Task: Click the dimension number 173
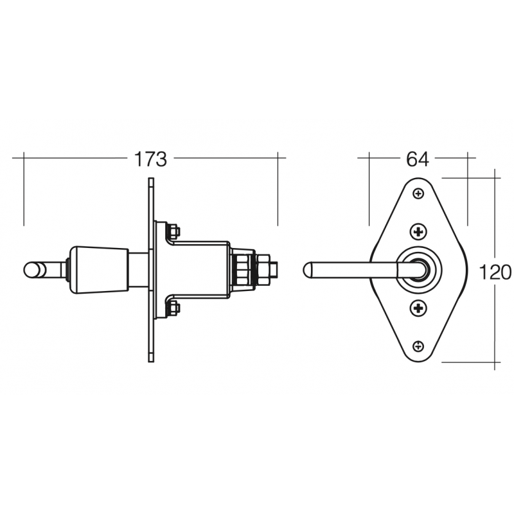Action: tap(151, 159)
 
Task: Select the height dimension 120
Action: tap(495, 272)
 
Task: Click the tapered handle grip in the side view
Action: tap(98, 269)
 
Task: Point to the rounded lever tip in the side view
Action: tap(30, 270)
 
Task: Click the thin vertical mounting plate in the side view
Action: tap(151, 270)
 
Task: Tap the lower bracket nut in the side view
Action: tap(173, 308)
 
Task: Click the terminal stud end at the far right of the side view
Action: tap(274, 269)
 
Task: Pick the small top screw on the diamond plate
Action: tap(418, 193)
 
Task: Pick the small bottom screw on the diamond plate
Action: tap(418, 346)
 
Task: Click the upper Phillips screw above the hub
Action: tap(418, 231)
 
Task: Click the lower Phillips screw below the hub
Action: tap(418, 308)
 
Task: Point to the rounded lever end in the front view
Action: tap(309, 270)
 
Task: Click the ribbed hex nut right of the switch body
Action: tap(243, 269)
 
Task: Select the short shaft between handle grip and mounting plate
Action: tap(138, 269)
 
